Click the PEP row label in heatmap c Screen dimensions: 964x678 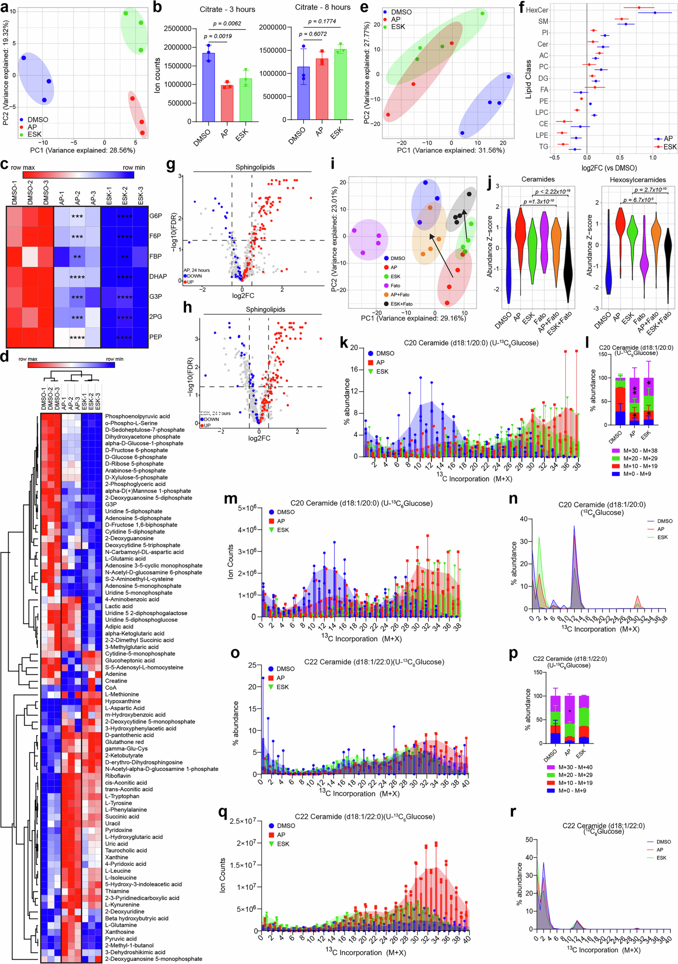[x=156, y=337]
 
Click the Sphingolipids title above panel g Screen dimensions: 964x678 [x=255, y=167]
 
